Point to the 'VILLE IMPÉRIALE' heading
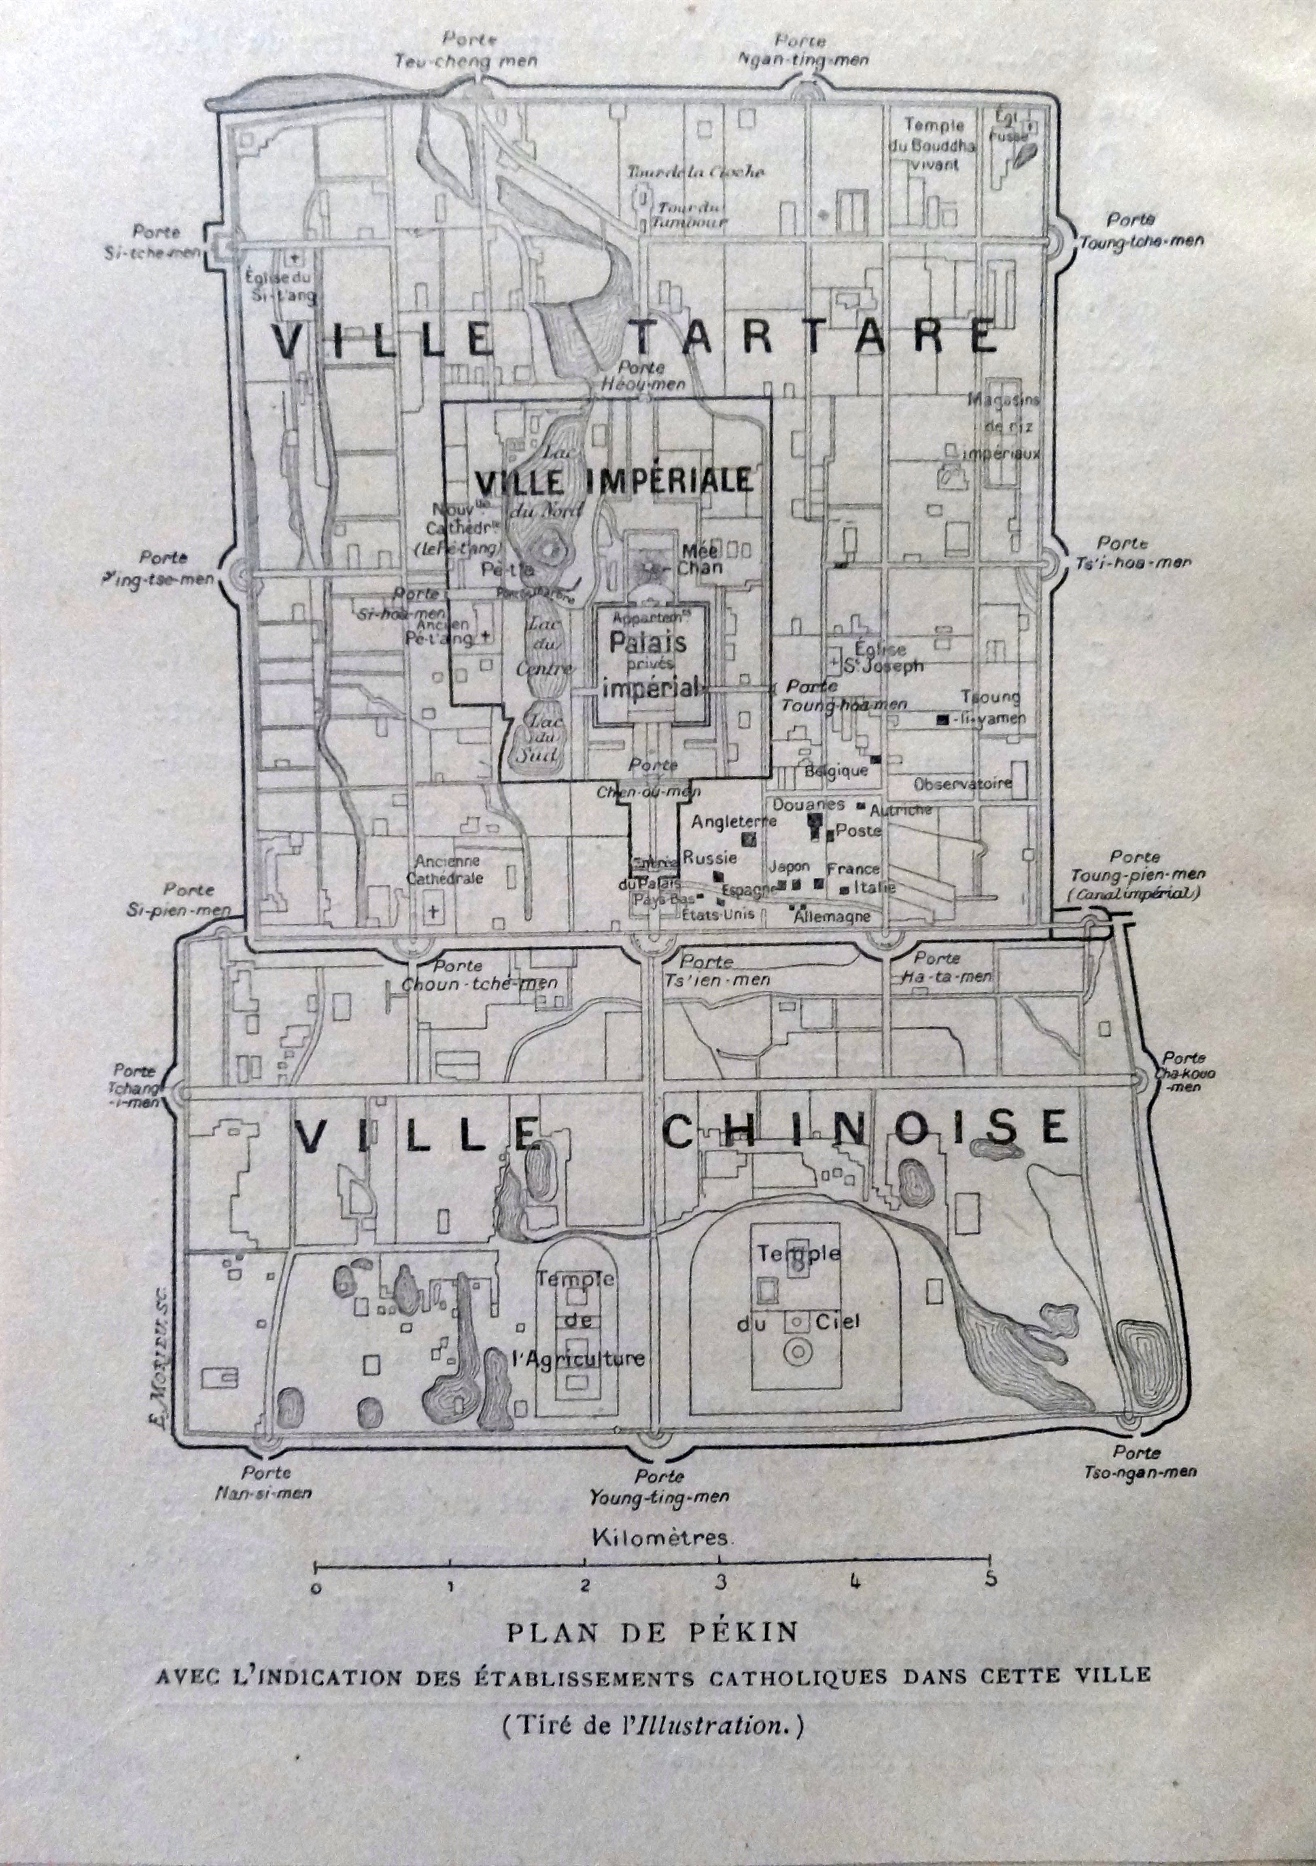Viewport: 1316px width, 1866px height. pyautogui.click(x=613, y=481)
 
